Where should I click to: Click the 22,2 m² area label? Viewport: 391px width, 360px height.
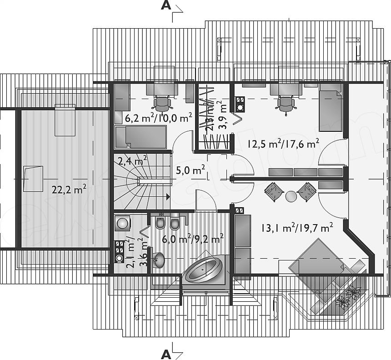click(69, 190)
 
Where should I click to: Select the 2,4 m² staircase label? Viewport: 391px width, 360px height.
click(132, 160)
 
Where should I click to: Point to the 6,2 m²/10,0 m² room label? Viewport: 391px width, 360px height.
click(158, 118)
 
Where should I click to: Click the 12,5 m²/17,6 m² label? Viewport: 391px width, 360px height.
click(282, 144)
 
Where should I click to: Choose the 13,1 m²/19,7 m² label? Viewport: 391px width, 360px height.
click(294, 228)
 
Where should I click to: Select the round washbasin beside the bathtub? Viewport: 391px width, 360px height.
click(159, 260)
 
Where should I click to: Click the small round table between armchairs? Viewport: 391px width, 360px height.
click(291, 196)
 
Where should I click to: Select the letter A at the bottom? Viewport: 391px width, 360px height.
click(166, 354)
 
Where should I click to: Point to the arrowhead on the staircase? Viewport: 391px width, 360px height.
click(168, 197)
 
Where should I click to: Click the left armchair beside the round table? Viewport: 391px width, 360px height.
click(274, 192)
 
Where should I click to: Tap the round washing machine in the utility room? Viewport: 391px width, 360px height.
click(122, 224)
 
